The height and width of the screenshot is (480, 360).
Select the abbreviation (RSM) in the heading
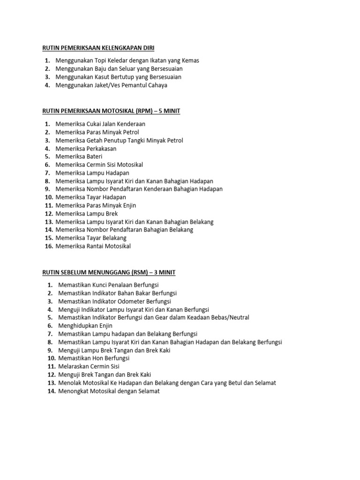139,272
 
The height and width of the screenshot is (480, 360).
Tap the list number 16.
49,246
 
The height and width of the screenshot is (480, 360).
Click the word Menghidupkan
78,326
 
